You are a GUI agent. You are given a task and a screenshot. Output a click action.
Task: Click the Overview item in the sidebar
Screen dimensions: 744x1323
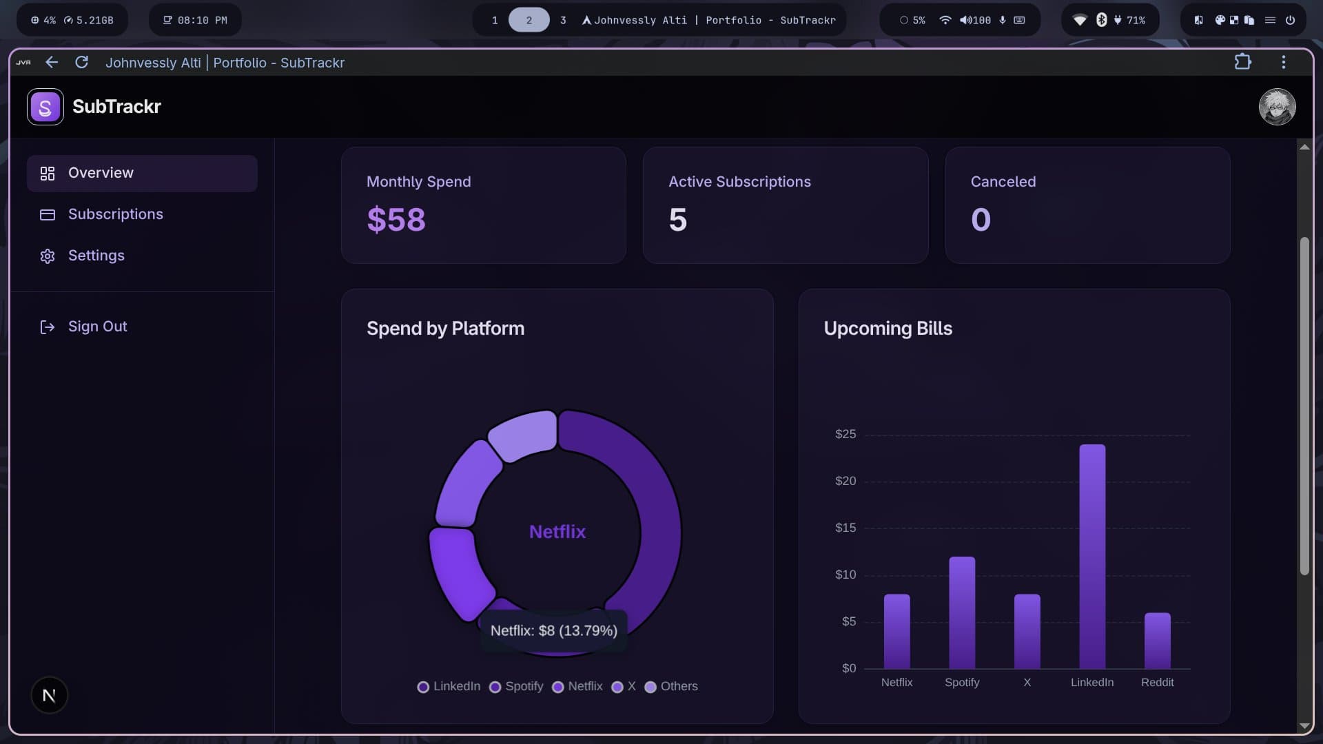tap(101, 173)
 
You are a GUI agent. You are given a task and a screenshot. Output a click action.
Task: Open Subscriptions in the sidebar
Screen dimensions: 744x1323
tap(115, 214)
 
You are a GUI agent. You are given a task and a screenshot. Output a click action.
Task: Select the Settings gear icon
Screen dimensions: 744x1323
tap(48, 256)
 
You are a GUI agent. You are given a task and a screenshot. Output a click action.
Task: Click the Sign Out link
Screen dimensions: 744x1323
tap(96, 327)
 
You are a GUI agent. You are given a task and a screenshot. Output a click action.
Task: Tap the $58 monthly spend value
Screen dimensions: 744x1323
tap(396, 220)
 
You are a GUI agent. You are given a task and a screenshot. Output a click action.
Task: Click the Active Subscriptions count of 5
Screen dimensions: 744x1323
tap(677, 220)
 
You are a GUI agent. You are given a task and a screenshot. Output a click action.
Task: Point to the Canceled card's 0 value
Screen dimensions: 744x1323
tap(981, 220)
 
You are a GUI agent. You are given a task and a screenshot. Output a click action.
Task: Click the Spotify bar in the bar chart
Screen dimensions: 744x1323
tap(962, 612)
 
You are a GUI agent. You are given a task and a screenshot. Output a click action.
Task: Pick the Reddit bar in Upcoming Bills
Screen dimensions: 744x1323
tap(1157, 641)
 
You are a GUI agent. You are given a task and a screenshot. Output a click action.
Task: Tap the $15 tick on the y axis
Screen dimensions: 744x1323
tap(845, 528)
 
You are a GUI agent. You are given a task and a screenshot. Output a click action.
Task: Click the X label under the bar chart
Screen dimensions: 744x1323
tap(1027, 682)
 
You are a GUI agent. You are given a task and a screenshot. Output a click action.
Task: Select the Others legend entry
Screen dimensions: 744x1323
tap(671, 686)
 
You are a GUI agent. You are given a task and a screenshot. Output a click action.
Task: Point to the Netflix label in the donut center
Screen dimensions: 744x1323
tap(557, 532)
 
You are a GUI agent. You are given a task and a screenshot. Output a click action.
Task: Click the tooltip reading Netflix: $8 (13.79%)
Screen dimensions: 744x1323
tap(553, 630)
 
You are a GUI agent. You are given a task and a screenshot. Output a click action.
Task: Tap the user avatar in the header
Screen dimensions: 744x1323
tap(1277, 107)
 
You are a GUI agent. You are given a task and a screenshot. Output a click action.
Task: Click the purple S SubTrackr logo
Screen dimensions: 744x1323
tap(45, 107)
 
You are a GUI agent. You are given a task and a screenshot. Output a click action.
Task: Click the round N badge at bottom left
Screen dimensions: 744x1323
tap(49, 695)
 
